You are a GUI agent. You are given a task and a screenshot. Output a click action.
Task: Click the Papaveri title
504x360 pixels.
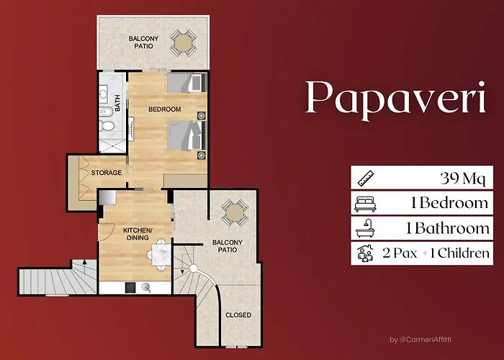tap(395, 98)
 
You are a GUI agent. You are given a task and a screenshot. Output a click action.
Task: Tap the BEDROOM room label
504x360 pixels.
tap(165, 109)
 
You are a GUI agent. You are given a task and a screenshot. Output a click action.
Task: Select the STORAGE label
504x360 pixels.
tap(107, 173)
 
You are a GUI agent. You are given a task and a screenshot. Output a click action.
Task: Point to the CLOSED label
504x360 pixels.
tap(238, 315)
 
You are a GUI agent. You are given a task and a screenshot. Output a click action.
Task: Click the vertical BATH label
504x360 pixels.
tap(117, 103)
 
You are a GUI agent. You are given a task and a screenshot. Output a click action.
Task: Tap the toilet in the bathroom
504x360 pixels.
tap(107, 125)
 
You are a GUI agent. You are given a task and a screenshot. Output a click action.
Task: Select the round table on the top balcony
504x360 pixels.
tap(184, 42)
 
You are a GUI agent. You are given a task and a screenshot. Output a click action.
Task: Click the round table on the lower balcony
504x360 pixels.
tap(235, 212)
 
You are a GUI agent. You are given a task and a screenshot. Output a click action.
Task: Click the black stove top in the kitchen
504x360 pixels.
tap(130, 287)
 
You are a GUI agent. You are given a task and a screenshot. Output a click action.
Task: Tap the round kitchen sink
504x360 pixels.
tap(146, 287)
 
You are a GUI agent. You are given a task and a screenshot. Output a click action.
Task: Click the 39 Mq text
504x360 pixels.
tap(463, 179)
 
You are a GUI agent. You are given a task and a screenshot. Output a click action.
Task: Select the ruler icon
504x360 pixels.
tap(366, 178)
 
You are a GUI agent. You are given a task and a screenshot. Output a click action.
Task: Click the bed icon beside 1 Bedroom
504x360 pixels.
tap(365, 204)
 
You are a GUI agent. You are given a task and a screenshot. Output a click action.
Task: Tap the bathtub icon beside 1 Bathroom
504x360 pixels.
tap(365, 228)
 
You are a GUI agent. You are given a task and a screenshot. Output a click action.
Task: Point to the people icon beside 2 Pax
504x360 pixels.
tap(366, 253)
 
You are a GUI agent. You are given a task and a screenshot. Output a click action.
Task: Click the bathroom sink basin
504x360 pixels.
tap(103, 93)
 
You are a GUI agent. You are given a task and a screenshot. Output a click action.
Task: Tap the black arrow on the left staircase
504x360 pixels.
tap(84, 263)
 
